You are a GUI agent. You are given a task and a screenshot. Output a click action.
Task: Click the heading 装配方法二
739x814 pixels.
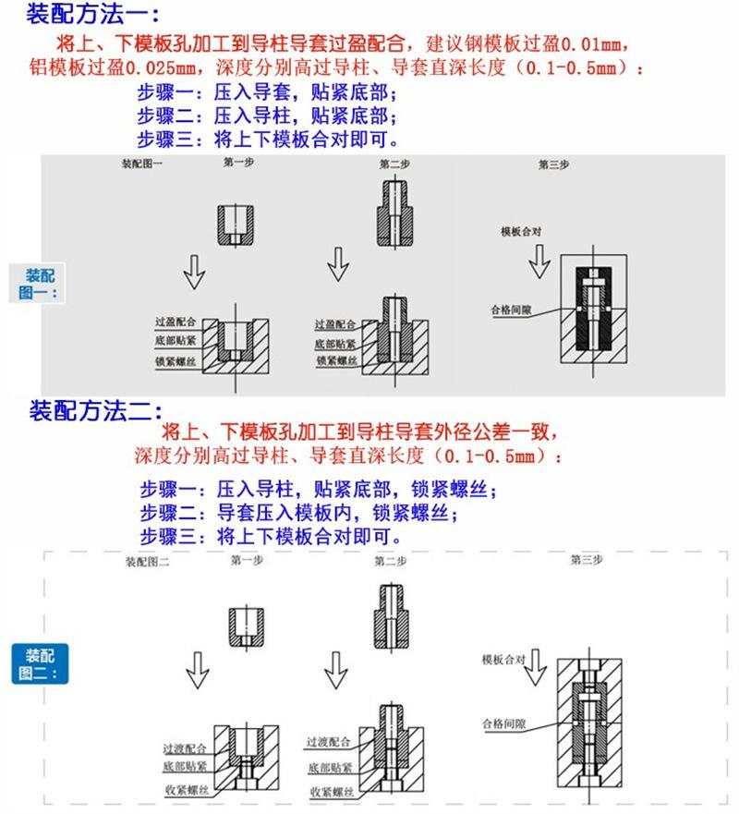96,411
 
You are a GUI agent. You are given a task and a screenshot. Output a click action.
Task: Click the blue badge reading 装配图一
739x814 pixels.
40,284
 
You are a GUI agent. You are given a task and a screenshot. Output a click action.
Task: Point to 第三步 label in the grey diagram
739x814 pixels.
553,164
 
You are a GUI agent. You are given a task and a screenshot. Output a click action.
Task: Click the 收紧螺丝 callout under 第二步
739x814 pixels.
332,792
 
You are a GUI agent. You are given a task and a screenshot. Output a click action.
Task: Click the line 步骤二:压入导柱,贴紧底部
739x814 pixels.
267,116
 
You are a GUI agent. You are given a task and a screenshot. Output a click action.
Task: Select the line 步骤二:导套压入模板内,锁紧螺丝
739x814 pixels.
299,513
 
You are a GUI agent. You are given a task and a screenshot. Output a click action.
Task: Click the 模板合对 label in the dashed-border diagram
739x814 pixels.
503,660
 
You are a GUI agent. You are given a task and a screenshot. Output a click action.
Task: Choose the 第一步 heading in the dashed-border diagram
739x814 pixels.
247,560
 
